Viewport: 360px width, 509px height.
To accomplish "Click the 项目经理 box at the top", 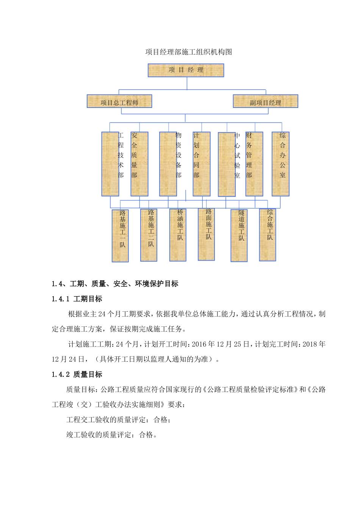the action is click(186, 70).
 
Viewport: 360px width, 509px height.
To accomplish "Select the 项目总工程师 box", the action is click(119, 101).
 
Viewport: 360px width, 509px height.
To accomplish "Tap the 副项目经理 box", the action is click(265, 101).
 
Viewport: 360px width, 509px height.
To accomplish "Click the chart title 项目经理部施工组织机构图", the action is click(188, 52).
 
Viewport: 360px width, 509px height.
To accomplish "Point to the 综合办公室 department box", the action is click(280, 164).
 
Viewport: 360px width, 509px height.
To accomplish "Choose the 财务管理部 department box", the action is click(254, 164).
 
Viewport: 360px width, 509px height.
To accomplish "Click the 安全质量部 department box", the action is click(139, 164).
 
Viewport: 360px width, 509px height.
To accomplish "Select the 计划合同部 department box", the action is click(201, 164).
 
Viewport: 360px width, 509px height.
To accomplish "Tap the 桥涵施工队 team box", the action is click(178, 235).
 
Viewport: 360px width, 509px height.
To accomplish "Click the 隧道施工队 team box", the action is click(239, 235).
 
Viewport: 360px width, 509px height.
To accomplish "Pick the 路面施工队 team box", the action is click(207, 234).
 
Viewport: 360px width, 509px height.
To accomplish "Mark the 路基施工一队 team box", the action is click(120, 236).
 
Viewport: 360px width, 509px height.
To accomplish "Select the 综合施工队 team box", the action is click(268, 235).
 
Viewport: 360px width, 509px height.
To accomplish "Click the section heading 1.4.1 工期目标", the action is click(77, 299).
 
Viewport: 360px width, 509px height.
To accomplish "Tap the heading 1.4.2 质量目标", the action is click(77, 374).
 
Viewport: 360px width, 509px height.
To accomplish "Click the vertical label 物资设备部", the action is click(178, 155).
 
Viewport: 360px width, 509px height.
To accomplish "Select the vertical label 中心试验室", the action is click(237, 155).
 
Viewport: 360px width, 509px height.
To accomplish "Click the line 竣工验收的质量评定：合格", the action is click(111, 435).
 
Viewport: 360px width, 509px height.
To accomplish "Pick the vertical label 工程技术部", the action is click(121, 155).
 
